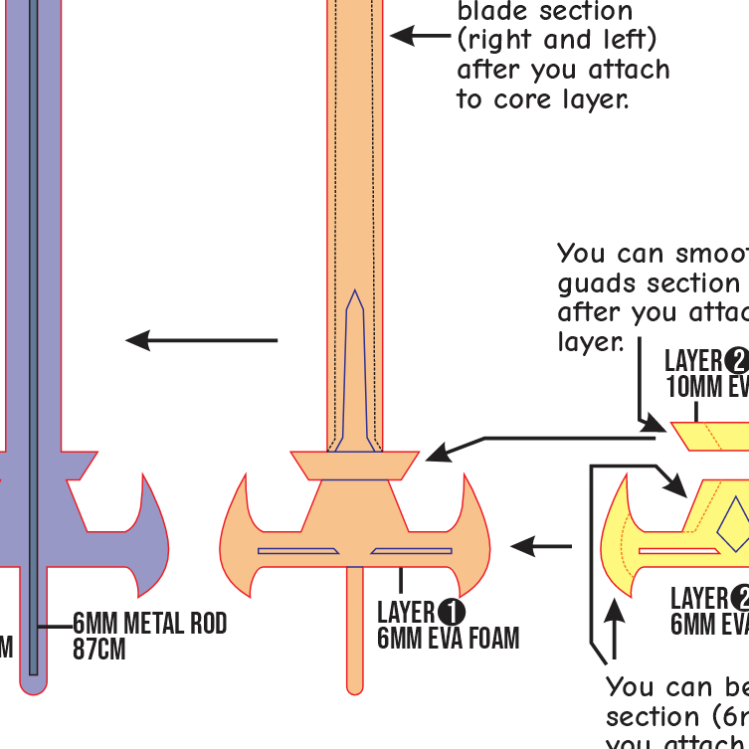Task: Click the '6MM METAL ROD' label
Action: click(150, 624)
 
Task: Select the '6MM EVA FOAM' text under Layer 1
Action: click(448, 638)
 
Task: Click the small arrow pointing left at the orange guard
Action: click(542, 545)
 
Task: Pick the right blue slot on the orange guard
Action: click(411, 550)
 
